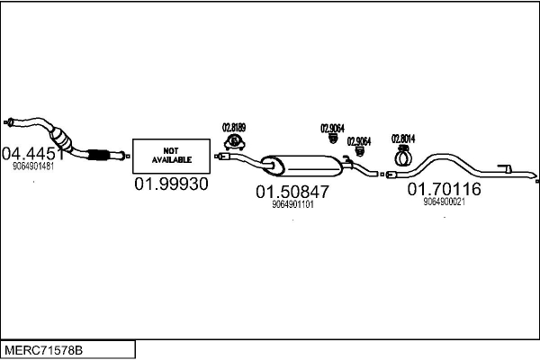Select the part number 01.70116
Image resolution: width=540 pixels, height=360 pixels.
pos(444,189)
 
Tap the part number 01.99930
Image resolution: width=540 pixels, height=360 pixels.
pos(171,184)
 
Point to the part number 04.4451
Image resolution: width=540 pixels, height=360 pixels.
pos(33,152)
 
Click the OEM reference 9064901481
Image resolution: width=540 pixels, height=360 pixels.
pos(33,166)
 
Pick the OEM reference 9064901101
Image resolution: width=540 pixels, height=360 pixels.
pos(292,204)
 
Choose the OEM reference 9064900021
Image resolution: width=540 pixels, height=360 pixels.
pos(444,202)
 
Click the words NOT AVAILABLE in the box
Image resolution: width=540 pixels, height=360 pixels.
pos(171,155)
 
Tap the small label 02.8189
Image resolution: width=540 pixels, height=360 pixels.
pos(234,128)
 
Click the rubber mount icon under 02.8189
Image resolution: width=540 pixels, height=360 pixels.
pos(235,142)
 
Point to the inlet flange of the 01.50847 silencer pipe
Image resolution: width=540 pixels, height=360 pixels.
pos(220,157)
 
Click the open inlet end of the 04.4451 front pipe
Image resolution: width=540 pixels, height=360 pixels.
pos(8,121)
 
